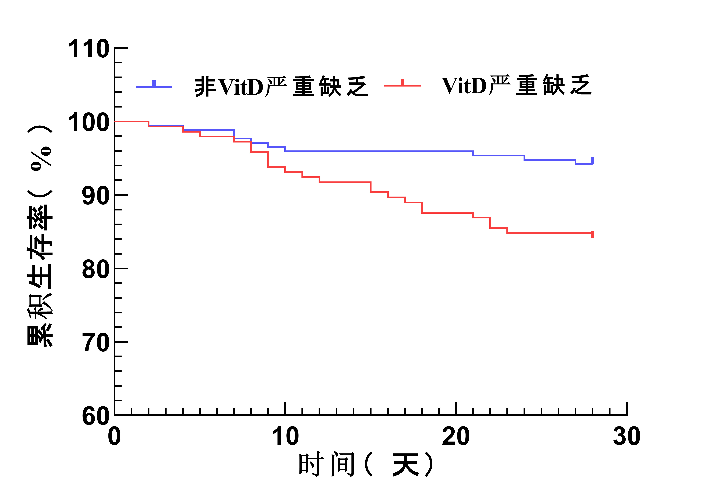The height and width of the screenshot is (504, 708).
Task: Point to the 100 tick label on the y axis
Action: tap(89, 123)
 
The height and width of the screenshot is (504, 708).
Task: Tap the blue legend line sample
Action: tap(154, 87)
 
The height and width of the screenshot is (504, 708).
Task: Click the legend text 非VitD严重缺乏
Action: tap(281, 87)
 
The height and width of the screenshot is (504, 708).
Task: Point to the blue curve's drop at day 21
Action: tap(473, 153)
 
